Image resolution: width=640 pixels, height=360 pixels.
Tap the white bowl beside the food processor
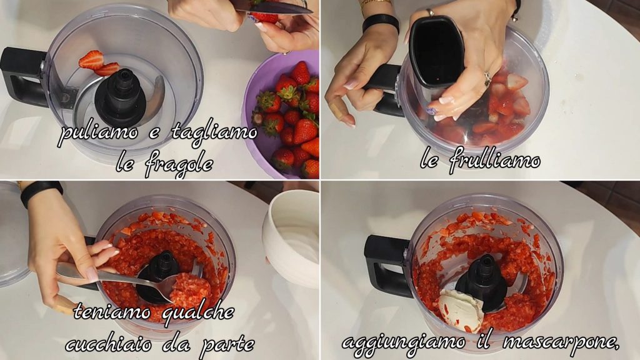[x=291, y=237]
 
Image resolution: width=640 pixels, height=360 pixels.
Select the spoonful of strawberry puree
[x=189, y=289]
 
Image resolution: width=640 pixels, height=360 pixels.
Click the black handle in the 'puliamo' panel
[x=22, y=77]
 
